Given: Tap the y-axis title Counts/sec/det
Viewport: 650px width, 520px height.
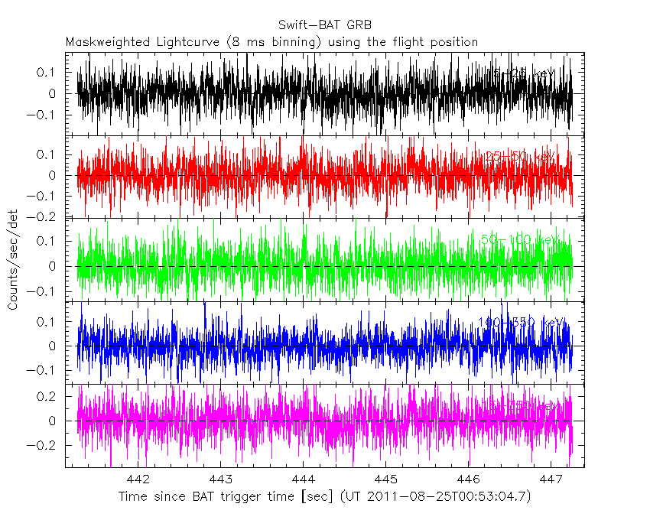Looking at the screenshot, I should [x=13, y=260].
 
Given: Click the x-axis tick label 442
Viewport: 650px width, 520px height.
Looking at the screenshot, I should [x=138, y=479].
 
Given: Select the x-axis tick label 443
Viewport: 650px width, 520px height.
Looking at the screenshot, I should [x=220, y=479].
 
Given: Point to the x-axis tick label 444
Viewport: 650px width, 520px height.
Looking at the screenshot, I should [x=303, y=479].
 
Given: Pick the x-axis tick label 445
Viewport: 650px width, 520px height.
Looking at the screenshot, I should [x=385, y=479].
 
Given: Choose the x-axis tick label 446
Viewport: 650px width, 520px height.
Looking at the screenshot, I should [x=468, y=479].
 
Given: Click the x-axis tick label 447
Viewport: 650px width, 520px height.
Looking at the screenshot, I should [x=551, y=479].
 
